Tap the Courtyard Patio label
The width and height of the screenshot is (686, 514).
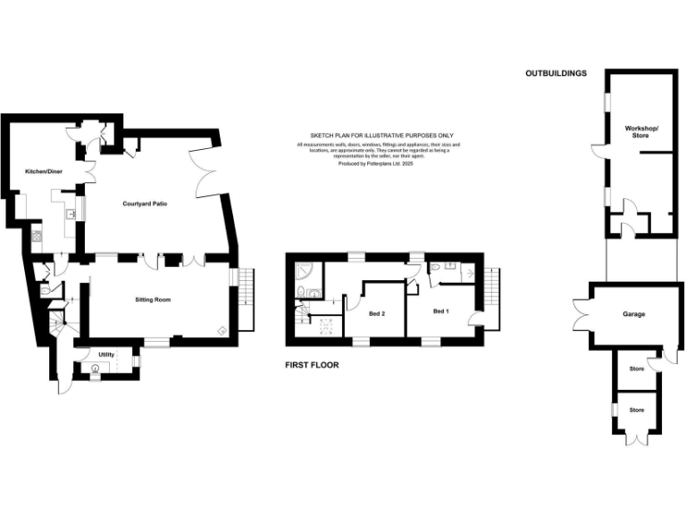[146, 203]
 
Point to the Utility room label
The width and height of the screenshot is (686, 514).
[106, 354]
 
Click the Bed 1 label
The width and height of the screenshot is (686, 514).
[440, 311]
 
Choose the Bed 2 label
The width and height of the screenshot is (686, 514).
[377, 314]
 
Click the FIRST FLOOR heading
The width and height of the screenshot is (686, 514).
[312, 365]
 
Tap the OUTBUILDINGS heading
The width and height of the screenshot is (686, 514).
[556, 73]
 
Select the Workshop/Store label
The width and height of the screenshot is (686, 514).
[641, 132]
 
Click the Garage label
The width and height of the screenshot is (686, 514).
[634, 314]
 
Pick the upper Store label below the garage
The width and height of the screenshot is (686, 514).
[636, 369]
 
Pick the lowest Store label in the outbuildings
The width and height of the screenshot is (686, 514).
[636, 410]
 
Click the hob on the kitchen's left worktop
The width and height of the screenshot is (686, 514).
[37, 236]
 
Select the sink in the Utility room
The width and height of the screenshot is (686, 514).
[95, 368]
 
